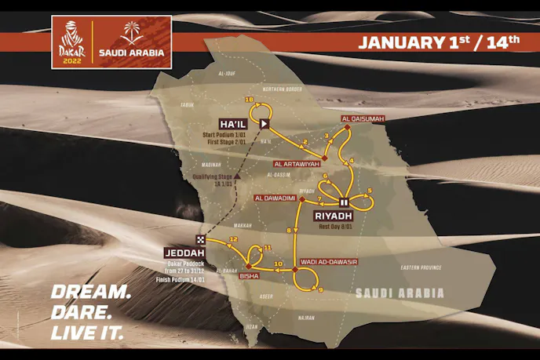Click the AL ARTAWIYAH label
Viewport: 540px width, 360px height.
tap(297, 164)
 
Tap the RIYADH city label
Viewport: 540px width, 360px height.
tap(332, 214)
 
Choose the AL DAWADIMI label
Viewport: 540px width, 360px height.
tap(275, 198)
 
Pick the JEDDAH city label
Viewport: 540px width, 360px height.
tap(185, 253)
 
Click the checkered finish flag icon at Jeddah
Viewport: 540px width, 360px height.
tap(201, 240)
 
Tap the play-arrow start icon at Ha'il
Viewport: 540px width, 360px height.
tap(265, 123)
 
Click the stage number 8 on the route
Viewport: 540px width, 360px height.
tap(289, 230)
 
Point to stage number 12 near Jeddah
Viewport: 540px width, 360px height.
tap(233, 238)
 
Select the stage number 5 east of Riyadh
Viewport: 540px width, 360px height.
tap(369, 191)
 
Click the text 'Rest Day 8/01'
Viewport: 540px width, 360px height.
tap(333, 226)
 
